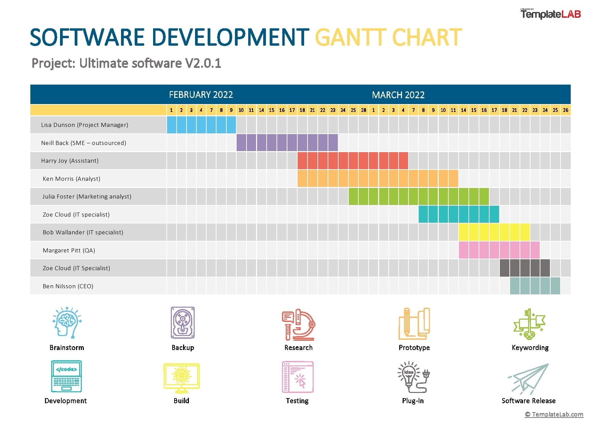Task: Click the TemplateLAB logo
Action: (550, 14)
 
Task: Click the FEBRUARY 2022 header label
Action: (201, 94)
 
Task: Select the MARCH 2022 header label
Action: (398, 95)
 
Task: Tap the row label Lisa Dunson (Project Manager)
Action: (85, 125)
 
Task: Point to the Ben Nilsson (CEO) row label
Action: (68, 286)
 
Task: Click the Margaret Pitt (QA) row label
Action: (69, 250)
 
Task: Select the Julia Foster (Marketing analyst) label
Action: (87, 196)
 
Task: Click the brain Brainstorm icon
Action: (67, 323)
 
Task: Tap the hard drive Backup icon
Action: (183, 323)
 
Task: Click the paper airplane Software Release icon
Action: (528, 379)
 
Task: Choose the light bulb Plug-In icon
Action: (413, 377)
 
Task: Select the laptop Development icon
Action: (66, 376)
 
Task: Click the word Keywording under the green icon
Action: (530, 348)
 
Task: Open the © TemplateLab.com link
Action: (554, 414)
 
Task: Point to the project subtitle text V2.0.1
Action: (203, 63)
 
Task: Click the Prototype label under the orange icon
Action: (414, 348)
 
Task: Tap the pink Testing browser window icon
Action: (298, 377)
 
